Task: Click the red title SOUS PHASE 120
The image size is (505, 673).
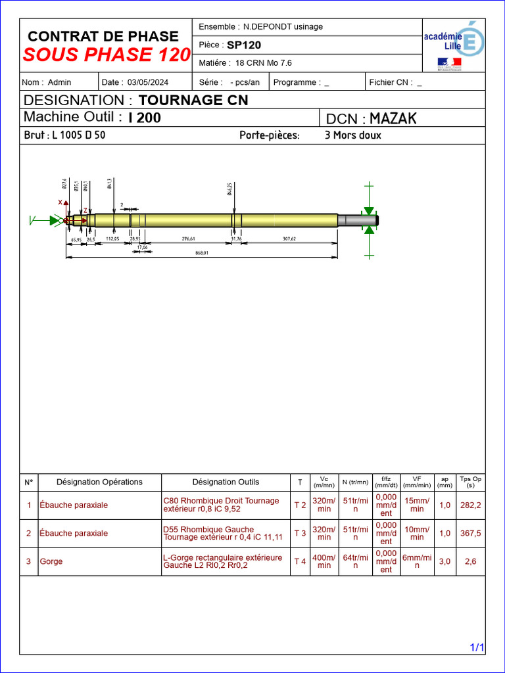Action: coord(107,55)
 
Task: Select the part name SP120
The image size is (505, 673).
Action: coord(244,45)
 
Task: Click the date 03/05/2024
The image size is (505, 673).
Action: coord(148,82)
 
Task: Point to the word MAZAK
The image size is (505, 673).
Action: coord(393,118)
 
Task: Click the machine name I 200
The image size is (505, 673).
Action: coord(145,118)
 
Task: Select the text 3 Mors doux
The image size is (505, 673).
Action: coord(353,135)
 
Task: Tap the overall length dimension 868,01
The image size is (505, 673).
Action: coord(201,252)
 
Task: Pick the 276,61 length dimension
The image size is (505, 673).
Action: coord(188,239)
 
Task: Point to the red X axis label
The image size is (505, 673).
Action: coord(60,202)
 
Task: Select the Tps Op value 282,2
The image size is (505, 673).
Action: coord(470,505)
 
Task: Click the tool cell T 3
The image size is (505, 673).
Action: coord(300,533)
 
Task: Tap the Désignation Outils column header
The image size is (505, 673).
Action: coord(226,482)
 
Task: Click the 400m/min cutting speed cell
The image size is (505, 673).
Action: coord(324,561)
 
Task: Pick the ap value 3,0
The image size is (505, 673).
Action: coord(445,561)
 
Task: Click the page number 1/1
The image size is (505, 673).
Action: coord(477,648)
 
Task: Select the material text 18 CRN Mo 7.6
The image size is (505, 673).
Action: coord(263,63)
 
